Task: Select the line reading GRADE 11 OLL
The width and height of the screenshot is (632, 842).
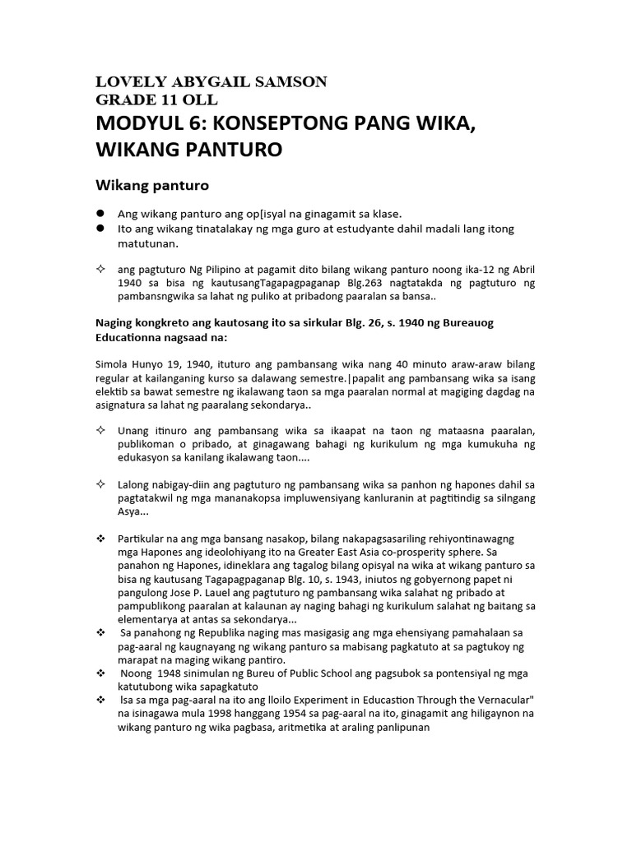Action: (156, 99)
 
